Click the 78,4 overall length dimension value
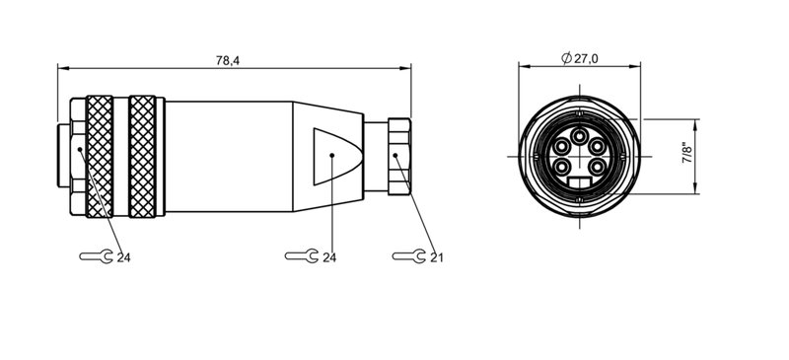[x=228, y=60]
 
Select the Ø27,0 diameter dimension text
[x=580, y=60]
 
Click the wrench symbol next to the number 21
[x=406, y=256]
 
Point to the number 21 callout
[x=436, y=257]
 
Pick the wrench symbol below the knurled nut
[x=95, y=256]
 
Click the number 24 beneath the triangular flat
[x=330, y=257]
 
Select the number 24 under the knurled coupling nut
[x=124, y=257]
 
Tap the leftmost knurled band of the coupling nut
[x=100, y=156]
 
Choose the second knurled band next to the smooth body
[x=143, y=156]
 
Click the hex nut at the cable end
[x=397, y=156]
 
